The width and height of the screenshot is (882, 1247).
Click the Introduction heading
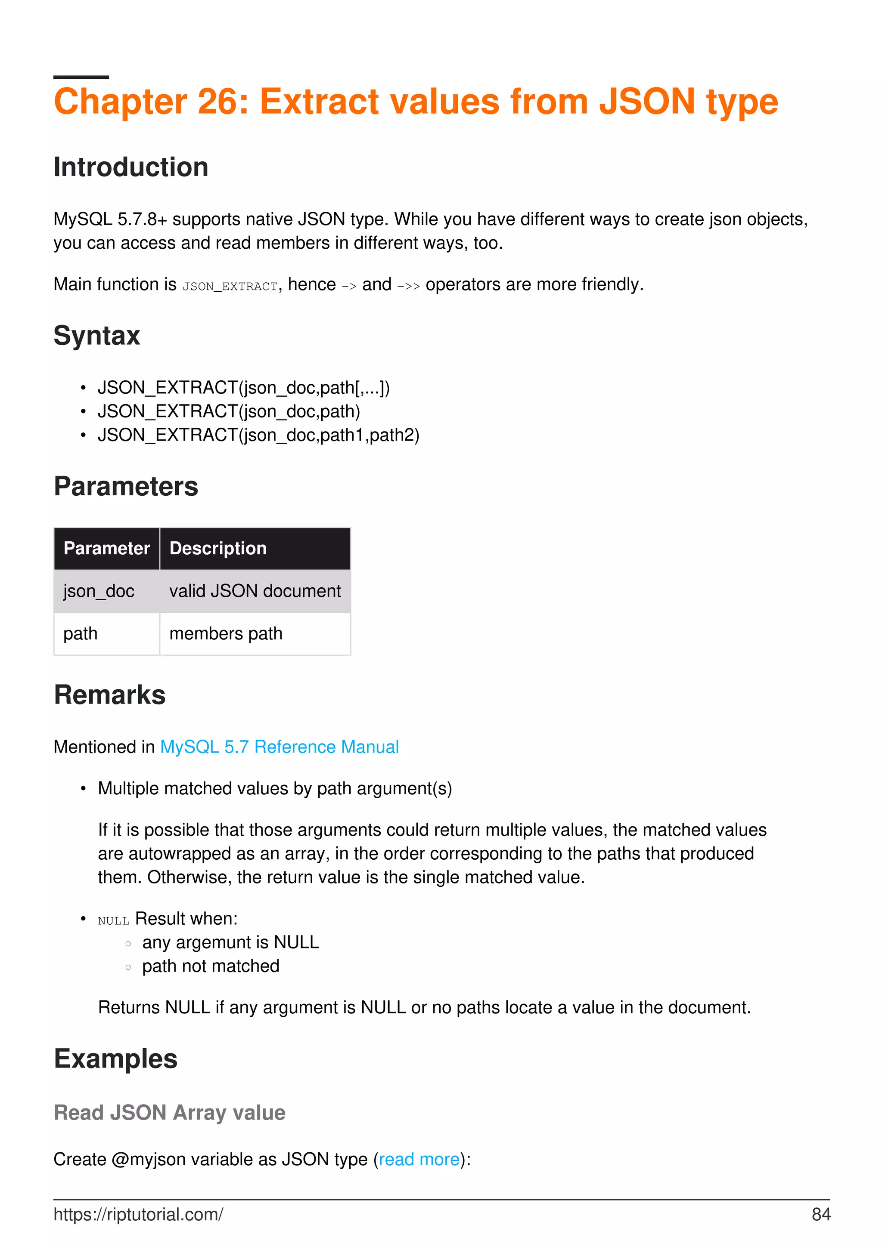click(131, 167)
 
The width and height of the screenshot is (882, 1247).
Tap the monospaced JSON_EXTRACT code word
click(230, 286)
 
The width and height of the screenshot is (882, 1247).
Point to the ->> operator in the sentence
click(408, 286)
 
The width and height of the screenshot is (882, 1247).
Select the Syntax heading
click(97, 336)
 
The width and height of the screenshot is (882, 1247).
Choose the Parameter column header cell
click(106, 549)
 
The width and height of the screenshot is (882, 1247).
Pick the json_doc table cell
click(99, 591)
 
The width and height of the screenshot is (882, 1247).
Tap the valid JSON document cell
click(255, 591)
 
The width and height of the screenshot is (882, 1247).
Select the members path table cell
click(226, 634)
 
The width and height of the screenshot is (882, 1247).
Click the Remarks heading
click(110, 695)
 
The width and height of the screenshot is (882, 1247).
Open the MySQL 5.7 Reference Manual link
click(280, 747)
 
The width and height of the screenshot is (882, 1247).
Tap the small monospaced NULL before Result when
click(114, 920)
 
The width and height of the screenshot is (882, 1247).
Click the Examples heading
click(116, 1059)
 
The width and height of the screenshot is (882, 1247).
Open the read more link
click(419, 1160)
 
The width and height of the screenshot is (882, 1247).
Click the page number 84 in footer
click(820, 1214)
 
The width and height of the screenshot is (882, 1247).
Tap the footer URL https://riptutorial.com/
click(138, 1214)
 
